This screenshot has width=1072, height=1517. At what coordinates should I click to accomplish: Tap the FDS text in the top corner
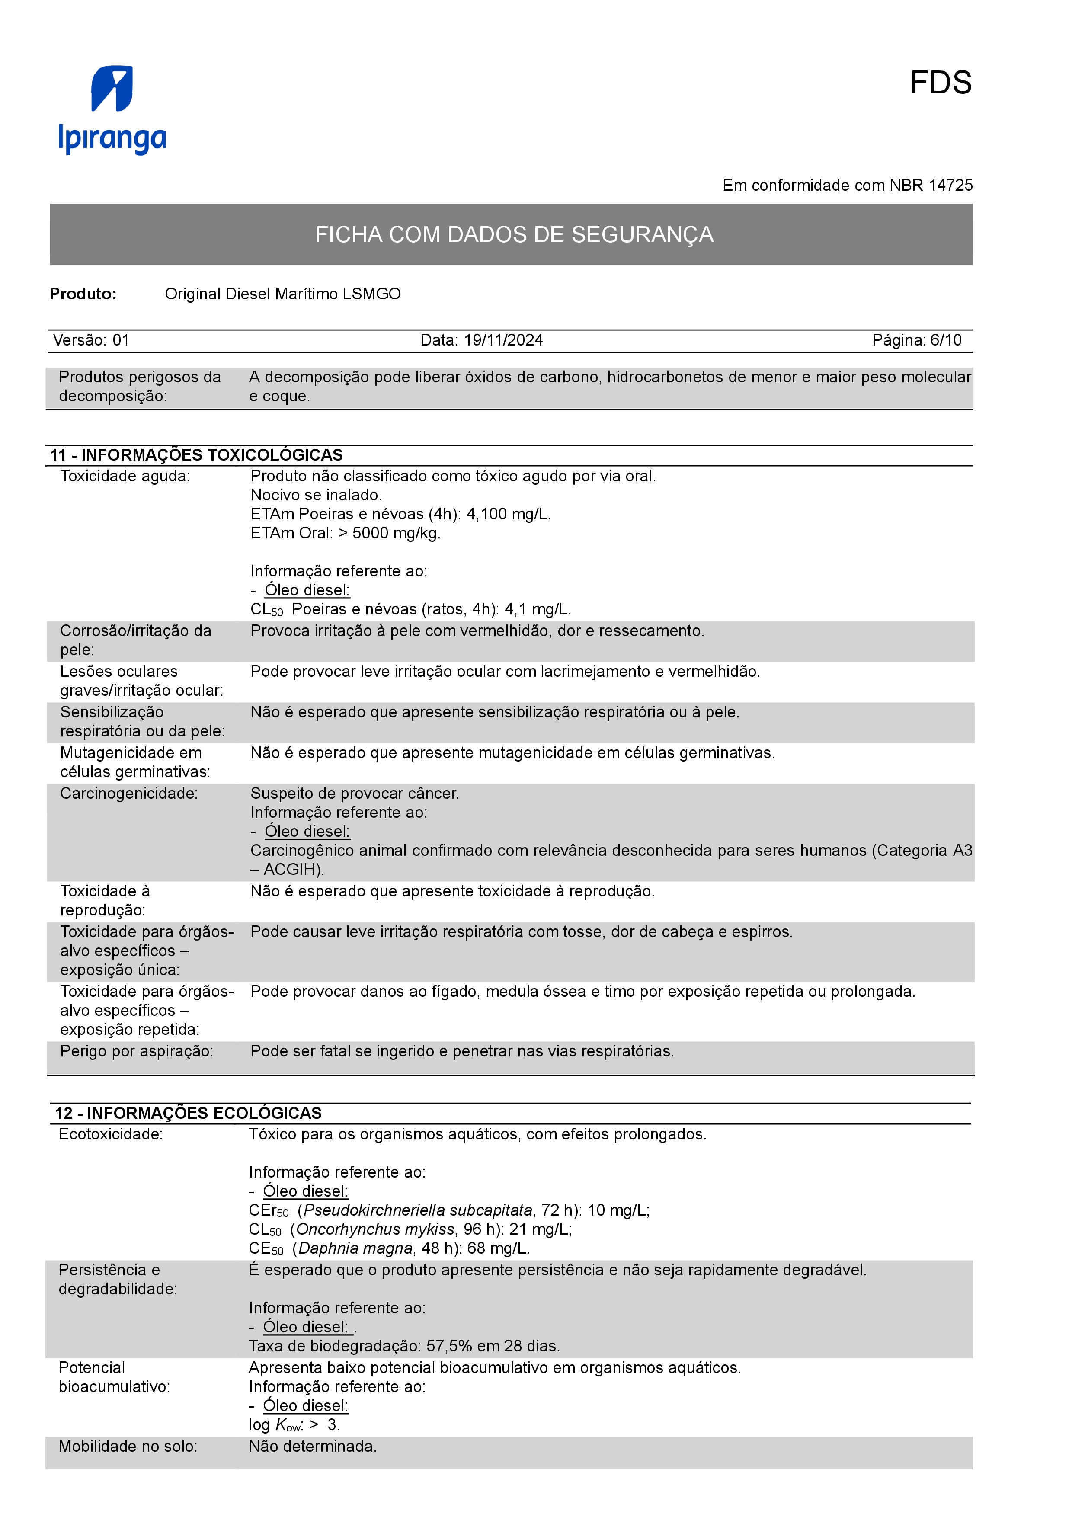pyautogui.click(x=940, y=83)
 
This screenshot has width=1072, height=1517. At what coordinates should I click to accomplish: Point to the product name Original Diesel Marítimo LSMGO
pyautogui.click(x=283, y=294)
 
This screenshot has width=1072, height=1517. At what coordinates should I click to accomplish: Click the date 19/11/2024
pyautogui.click(x=503, y=340)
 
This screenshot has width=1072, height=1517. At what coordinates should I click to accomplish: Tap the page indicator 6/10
pyautogui.click(x=945, y=340)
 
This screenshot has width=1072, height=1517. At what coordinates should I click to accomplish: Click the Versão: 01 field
pyautogui.click(x=91, y=340)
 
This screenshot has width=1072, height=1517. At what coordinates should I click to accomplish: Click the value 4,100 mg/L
pyautogui.click(x=508, y=514)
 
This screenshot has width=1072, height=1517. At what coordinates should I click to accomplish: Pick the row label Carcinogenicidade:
pyautogui.click(x=129, y=794)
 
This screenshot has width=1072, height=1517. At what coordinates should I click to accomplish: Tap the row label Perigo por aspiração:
pyautogui.click(x=137, y=1051)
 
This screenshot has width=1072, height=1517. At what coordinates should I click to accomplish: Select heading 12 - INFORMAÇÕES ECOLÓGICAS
pyautogui.click(x=188, y=1113)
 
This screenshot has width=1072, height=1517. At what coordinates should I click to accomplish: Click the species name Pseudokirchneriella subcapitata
pyautogui.click(x=417, y=1210)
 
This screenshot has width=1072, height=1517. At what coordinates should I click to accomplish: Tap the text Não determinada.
pyautogui.click(x=312, y=1447)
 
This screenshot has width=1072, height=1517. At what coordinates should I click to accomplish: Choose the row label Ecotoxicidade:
pyautogui.click(x=110, y=1134)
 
